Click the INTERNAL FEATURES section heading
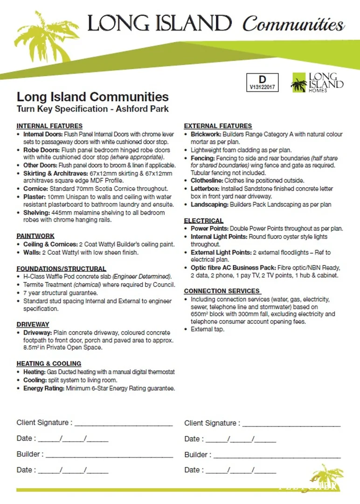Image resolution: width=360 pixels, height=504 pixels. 49,126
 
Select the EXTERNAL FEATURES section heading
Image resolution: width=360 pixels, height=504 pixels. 218,126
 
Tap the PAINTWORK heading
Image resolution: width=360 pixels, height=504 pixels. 35,236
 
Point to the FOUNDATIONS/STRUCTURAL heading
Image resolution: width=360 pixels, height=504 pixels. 61,269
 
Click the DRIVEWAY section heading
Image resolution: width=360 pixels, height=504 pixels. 33,324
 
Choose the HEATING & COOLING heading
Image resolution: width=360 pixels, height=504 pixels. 49,364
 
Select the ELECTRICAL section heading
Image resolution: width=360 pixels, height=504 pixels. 204,221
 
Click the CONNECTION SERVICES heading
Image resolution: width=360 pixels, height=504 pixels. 222,291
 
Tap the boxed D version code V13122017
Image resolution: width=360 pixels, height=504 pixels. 262,82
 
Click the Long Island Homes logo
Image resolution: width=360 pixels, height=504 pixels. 317,83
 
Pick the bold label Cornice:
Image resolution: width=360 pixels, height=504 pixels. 36,189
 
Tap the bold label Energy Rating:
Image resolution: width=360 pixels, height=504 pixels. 44,388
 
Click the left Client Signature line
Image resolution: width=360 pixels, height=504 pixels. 123,423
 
